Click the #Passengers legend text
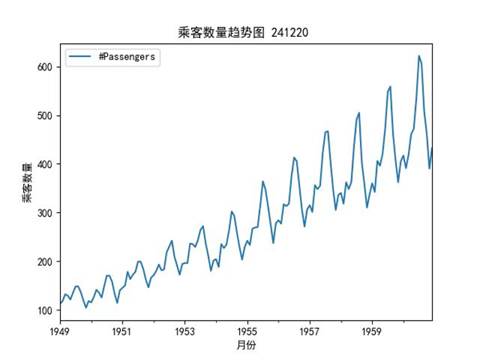tap(126, 57)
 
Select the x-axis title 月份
tap(246, 345)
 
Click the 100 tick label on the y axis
tap(44, 310)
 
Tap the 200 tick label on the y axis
tap(44, 262)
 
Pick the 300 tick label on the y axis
tap(44, 213)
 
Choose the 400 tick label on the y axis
tap(44, 164)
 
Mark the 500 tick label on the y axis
tap(44, 115)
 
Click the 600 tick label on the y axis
tap(44, 67)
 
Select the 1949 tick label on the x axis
tap(60, 330)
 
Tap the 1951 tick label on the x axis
tap(122, 330)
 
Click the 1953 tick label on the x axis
tap(185, 330)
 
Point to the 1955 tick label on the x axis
tap(247, 330)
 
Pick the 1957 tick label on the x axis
tap(310, 330)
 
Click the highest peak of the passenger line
tap(418, 56)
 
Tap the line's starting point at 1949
tap(60, 305)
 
